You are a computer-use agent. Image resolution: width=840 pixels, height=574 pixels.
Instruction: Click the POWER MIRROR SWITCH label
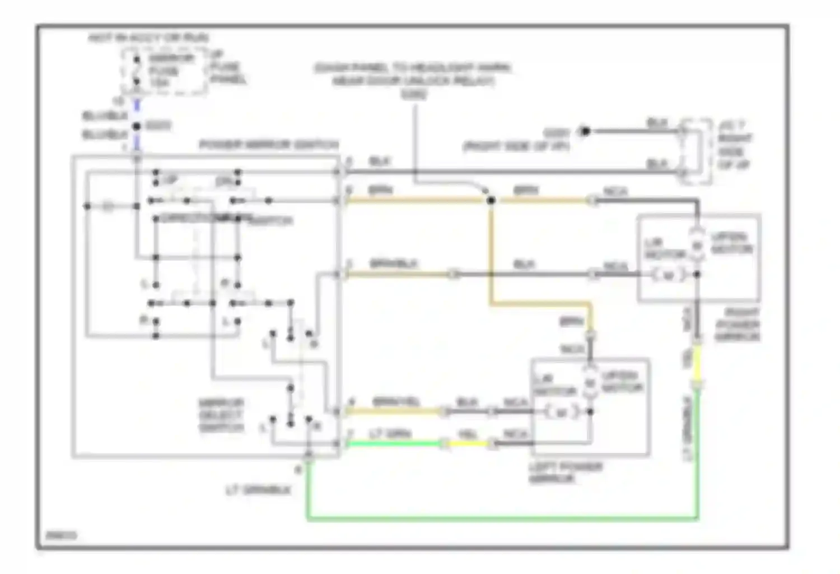tap(269, 145)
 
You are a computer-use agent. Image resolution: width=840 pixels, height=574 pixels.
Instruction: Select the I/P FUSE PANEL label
tap(227, 67)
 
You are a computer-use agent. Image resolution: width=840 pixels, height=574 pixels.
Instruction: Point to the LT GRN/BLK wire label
tap(258, 490)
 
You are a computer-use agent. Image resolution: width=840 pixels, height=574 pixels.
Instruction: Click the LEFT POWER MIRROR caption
tap(565, 473)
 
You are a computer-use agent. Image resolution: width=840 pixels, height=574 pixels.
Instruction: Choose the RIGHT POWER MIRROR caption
tap(737, 325)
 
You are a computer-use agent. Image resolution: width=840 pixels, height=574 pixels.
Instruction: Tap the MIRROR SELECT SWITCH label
tap(221, 415)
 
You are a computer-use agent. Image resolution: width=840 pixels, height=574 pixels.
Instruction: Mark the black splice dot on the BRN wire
tap(491, 200)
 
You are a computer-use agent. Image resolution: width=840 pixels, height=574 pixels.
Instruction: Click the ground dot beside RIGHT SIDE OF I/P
tap(585, 132)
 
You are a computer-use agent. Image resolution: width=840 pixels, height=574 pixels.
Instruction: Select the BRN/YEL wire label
tap(396, 402)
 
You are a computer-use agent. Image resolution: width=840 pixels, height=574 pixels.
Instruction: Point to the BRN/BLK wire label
tap(394, 263)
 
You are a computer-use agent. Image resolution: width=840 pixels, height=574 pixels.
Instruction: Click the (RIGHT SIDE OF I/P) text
tap(516, 147)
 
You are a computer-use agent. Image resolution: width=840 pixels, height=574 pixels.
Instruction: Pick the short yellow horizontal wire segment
tap(467, 444)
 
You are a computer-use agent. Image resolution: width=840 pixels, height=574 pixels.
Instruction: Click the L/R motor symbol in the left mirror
tap(561, 413)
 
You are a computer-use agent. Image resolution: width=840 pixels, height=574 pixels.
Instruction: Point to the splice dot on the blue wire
tap(137, 127)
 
